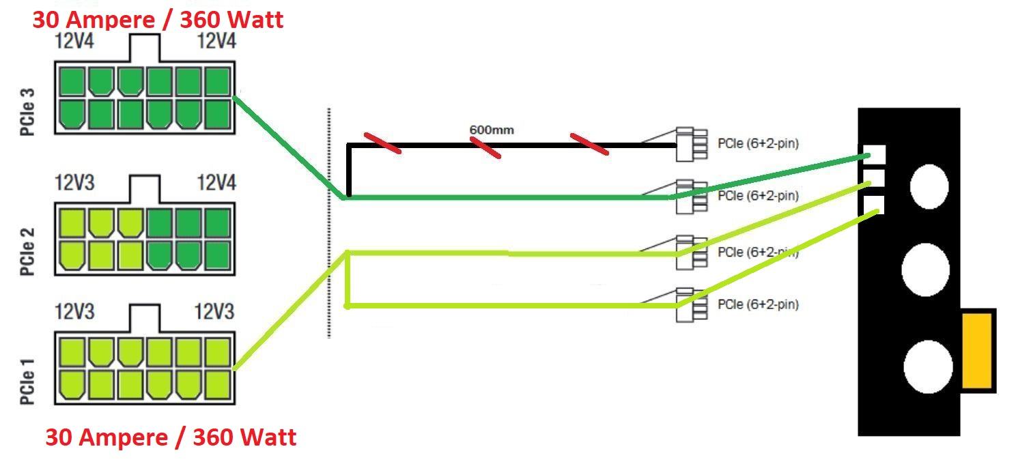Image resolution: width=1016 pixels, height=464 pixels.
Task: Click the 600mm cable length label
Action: [x=492, y=130]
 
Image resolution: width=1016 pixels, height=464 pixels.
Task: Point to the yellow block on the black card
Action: [x=977, y=351]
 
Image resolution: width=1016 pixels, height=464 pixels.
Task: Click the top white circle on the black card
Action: [x=929, y=186]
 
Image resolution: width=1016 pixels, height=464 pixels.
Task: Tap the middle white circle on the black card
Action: [x=925, y=269]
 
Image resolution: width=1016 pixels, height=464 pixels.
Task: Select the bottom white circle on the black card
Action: [x=928, y=366]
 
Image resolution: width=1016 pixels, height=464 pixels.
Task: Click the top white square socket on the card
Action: [x=875, y=154]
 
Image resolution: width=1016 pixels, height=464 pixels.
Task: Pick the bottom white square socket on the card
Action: [x=873, y=205]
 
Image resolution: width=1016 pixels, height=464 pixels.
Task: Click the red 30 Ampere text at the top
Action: [x=158, y=20]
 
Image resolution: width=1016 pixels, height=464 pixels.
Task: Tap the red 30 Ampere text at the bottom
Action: [x=171, y=437]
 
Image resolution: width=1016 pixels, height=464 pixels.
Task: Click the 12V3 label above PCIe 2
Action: [x=75, y=183]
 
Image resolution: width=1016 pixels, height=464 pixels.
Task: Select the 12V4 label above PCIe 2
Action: [x=216, y=183]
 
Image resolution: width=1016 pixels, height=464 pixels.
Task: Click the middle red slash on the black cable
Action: [x=485, y=147]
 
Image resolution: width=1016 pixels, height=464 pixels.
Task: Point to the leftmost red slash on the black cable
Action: [x=382, y=143]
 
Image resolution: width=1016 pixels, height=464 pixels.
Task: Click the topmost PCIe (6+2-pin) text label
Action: [x=758, y=144]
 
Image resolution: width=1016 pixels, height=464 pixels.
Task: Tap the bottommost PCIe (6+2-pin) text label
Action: [x=758, y=304]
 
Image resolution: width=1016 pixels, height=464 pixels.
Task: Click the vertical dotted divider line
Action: [x=329, y=222]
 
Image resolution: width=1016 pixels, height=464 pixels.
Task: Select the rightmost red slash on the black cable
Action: [x=589, y=144]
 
